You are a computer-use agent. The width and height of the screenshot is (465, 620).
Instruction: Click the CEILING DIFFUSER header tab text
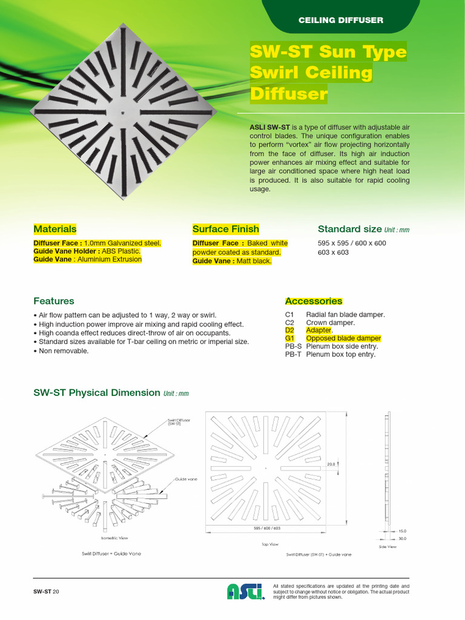tap(340, 20)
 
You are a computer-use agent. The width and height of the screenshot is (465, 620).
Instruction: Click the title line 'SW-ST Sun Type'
tap(328, 52)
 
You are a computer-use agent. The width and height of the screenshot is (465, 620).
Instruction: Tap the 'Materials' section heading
tap(55, 229)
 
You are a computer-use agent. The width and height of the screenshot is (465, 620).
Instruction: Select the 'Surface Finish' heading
tap(225, 229)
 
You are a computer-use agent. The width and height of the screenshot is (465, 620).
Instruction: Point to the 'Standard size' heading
tap(349, 229)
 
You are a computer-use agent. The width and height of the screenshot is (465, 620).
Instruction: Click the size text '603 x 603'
tap(333, 252)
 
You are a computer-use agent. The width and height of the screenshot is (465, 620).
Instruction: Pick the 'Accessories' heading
tap(313, 301)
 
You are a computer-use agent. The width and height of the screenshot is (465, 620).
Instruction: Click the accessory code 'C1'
tap(289, 315)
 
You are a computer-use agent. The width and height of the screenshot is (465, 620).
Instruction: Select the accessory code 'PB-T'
tap(293, 354)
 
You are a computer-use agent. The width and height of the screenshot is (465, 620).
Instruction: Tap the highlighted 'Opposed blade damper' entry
tap(343, 338)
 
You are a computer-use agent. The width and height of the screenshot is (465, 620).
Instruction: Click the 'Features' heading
tap(54, 301)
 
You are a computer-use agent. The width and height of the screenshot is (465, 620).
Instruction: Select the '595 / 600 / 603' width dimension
tap(267, 528)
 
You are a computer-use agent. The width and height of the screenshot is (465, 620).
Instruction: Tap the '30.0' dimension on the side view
tap(403, 538)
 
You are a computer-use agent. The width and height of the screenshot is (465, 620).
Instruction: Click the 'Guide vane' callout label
tap(186, 478)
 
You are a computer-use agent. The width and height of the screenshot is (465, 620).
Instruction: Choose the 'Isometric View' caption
tap(114, 538)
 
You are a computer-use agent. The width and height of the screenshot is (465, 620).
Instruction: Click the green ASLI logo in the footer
tap(246, 591)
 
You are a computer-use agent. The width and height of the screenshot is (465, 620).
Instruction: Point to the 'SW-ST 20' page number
tap(47, 591)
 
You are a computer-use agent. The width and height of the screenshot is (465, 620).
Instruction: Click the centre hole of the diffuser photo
tap(124, 113)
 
